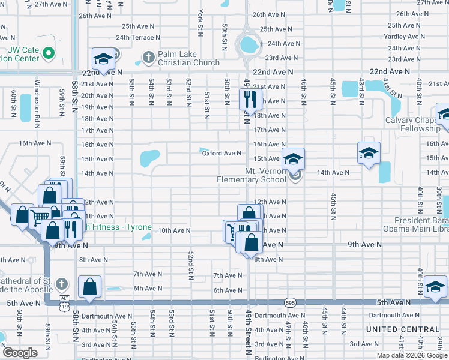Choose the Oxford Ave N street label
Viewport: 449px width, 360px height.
[221, 153]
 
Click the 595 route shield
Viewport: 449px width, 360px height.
[290, 303]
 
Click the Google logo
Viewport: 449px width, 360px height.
[20, 353]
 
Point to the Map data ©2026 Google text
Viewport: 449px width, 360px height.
[412, 355]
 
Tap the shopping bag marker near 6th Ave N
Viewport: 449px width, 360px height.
[89, 287]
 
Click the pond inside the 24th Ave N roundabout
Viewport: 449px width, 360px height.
[247, 44]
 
